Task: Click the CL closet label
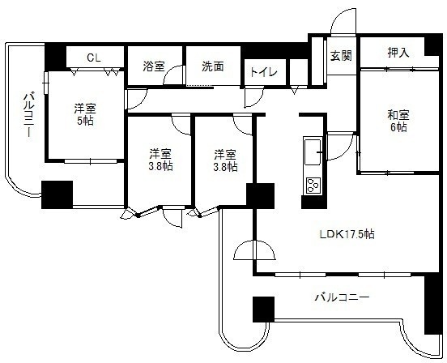coord(94,58)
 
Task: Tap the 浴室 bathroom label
coord(154,66)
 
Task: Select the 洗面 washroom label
coord(213,66)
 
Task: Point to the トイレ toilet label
coord(264,72)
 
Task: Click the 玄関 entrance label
coord(341,56)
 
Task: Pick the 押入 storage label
coord(398,53)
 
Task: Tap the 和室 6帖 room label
coord(398,122)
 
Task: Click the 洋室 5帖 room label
coord(85,114)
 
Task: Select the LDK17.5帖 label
coord(347,234)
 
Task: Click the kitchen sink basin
coord(313,152)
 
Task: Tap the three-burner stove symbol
coord(313,185)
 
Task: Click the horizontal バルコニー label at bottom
coord(342,297)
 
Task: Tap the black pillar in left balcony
coord(57,194)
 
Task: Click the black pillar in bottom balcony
coord(264,310)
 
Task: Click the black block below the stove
coord(314,203)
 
